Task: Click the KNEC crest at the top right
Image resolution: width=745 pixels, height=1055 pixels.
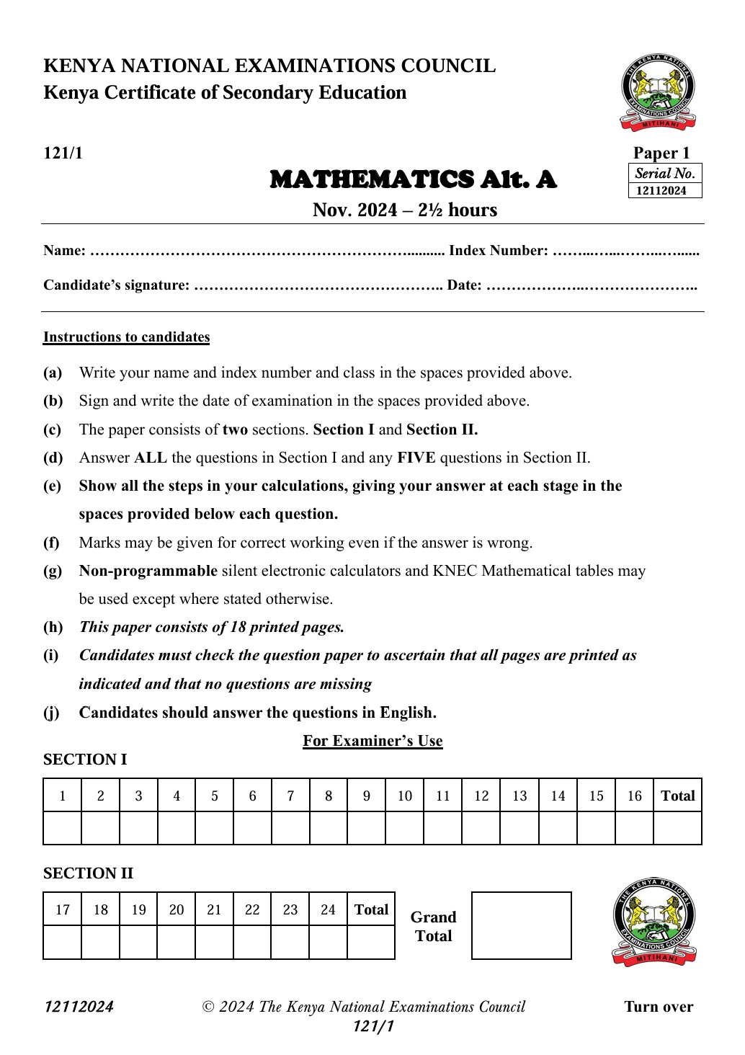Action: coord(658,92)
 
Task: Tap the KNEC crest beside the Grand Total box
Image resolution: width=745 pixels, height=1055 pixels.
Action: coord(654,922)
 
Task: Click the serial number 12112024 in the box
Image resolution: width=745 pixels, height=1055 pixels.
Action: coord(661,191)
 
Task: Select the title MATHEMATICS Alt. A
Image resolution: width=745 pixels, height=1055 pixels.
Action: coord(413,179)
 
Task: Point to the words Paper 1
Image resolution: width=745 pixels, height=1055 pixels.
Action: coord(661,153)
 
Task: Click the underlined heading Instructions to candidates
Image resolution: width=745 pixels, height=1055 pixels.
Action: coord(126,337)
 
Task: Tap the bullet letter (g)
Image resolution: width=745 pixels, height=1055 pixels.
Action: coord(53,571)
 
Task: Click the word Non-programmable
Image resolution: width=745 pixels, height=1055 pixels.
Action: coord(148,571)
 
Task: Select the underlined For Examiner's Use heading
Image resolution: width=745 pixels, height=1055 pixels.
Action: coord(372,741)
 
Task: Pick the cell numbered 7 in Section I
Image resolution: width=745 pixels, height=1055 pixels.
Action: coord(290,796)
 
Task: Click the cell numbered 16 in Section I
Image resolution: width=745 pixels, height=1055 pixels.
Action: coord(634,796)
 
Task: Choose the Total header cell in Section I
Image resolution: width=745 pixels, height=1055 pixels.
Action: coord(677,796)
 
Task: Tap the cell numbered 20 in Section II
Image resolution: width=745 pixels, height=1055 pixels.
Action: coord(177,909)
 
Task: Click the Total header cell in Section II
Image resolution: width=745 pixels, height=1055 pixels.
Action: coord(371,909)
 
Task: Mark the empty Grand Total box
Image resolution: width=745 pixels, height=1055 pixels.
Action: coord(521,925)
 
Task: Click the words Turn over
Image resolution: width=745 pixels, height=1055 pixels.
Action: coord(659,1007)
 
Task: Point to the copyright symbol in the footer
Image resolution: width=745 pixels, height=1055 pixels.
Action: coord(208,1007)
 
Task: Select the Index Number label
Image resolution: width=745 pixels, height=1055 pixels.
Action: coord(498,251)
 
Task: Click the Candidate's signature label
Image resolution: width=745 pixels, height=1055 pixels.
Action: coord(116,285)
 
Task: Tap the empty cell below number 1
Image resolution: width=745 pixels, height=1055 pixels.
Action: coord(63,828)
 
